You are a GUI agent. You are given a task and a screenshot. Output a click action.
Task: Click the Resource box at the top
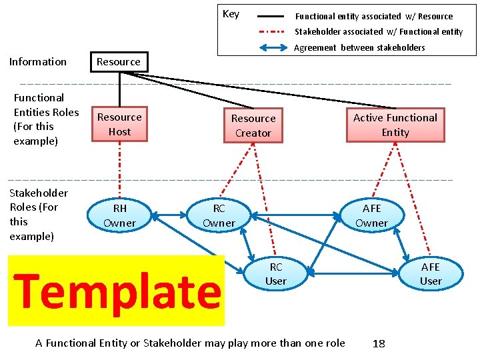point(119,62)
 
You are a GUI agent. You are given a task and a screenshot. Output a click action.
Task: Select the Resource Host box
point(119,125)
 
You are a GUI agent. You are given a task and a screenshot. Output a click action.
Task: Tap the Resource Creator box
point(253,125)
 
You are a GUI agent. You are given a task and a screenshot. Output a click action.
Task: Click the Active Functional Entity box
point(395,125)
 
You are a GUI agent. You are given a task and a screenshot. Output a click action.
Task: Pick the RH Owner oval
point(119,215)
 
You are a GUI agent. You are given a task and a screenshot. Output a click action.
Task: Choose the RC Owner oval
point(219,215)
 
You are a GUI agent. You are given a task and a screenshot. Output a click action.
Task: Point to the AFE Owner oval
point(371,215)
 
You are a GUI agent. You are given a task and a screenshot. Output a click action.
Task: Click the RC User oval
point(275,274)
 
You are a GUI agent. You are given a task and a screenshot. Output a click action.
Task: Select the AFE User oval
point(431,274)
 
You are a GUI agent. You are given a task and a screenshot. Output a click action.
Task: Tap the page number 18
point(379,343)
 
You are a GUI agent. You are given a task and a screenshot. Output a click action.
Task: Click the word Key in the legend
point(231,14)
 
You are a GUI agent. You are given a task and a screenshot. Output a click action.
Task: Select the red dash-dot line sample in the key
point(271,31)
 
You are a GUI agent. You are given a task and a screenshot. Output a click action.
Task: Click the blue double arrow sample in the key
point(271,47)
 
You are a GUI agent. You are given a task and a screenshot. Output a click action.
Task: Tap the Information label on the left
point(38,62)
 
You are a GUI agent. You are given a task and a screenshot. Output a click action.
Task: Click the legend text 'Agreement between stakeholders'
point(359,47)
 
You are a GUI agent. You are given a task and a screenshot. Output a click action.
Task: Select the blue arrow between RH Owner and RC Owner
point(169,215)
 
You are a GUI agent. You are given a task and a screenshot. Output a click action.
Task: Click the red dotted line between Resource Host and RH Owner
point(119,170)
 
